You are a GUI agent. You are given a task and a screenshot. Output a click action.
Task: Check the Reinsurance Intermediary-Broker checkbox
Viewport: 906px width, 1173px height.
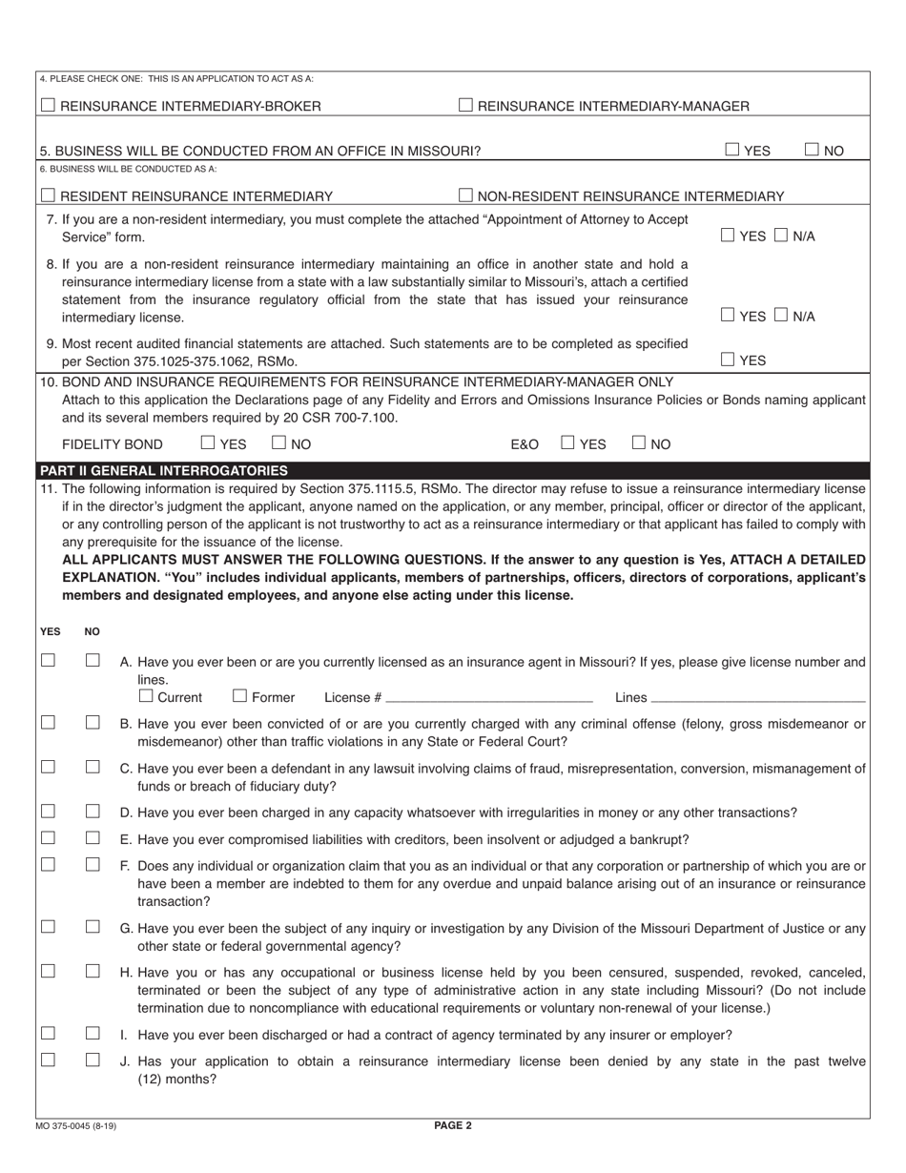(x=49, y=106)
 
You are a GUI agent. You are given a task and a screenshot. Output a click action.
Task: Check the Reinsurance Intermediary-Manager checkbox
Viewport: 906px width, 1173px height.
(x=465, y=106)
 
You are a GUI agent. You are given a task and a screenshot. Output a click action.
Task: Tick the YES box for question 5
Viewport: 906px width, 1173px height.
(x=731, y=150)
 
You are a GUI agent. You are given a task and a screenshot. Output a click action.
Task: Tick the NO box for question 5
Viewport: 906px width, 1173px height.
(x=812, y=150)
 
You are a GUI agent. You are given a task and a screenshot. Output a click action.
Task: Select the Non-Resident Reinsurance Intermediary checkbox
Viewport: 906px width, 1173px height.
(x=465, y=196)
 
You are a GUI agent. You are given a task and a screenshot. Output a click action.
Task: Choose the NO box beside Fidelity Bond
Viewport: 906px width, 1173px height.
(x=279, y=443)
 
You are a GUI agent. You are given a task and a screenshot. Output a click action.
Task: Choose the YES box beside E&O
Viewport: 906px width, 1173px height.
(x=567, y=443)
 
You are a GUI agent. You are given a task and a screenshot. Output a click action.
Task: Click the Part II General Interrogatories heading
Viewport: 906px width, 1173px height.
(x=162, y=470)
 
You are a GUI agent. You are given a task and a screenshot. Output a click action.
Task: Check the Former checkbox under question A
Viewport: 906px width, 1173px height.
(x=240, y=696)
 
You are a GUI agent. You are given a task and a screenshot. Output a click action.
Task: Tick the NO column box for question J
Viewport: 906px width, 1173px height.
(x=93, y=1060)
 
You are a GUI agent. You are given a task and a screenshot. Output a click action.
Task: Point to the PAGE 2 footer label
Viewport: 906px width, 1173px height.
(x=453, y=1125)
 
